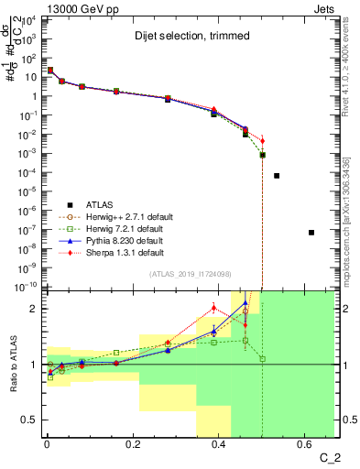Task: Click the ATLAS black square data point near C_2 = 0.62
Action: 311,233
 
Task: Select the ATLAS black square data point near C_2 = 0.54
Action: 277,175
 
